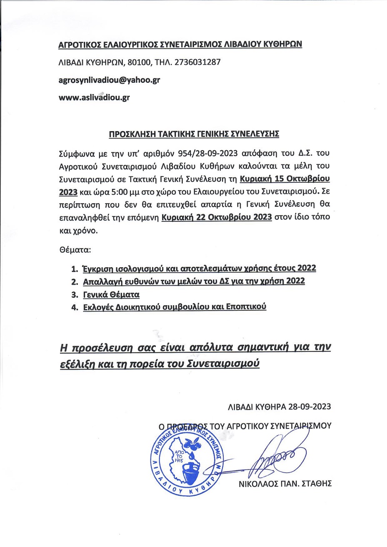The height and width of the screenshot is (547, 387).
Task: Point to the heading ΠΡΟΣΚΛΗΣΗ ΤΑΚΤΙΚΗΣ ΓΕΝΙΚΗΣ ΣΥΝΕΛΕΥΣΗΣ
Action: [194, 134]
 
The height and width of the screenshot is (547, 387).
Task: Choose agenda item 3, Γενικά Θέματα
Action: [111, 294]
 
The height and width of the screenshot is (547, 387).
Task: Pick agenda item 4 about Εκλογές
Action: [174, 307]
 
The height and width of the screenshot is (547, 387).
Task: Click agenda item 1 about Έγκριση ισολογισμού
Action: [199, 268]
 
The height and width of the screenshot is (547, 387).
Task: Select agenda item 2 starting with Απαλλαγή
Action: [194, 281]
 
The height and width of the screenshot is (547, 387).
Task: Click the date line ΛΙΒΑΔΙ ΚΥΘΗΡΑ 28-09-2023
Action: [279, 407]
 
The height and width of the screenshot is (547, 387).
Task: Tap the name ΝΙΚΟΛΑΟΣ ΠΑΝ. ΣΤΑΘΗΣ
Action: [285, 483]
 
